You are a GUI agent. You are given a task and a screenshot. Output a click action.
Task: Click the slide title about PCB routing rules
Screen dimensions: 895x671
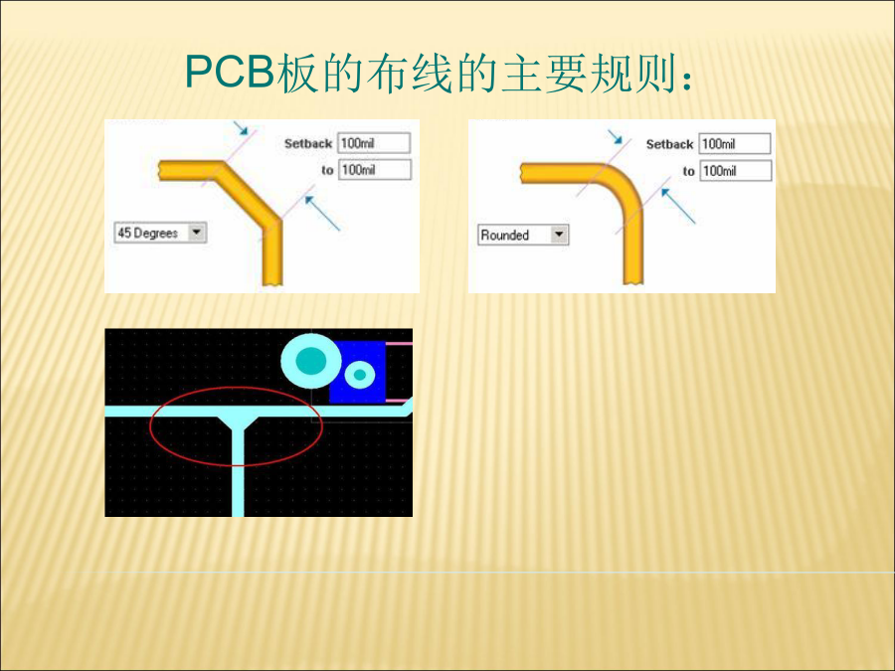pos(439,74)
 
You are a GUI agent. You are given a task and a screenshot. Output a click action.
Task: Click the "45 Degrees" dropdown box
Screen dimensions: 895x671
pos(160,233)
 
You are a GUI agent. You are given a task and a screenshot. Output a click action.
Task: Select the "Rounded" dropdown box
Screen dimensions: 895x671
pos(523,235)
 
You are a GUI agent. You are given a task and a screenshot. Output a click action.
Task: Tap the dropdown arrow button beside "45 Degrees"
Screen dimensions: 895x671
pos(197,233)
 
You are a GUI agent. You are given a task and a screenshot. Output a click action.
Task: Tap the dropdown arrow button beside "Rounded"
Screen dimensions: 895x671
pos(559,235)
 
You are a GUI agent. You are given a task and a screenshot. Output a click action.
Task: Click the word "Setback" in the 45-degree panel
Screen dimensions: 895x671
pos(308,144)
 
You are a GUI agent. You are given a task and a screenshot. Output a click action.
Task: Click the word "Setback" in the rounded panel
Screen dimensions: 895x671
pos(669,144)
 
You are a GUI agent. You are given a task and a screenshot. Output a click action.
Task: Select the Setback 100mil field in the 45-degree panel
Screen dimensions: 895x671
pos(374,142)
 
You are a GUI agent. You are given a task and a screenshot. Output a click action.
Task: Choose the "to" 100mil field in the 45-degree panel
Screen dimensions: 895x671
pos(375,169)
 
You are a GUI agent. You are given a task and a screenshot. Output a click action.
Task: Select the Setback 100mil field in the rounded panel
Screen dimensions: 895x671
pos(735,144)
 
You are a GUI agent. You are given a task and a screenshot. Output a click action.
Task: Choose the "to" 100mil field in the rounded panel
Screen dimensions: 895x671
pos(736,171)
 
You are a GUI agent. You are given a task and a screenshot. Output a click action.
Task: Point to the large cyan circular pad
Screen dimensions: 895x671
pos(311,361)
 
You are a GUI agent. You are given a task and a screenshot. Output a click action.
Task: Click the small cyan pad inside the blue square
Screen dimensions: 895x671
pos(360,375)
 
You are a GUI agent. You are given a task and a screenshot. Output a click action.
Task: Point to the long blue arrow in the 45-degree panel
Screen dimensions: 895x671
pos(322,214)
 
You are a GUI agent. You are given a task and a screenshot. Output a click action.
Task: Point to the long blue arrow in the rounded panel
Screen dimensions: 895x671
pos(678,206)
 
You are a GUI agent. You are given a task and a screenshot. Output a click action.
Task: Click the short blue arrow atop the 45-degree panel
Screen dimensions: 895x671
pos(242,128)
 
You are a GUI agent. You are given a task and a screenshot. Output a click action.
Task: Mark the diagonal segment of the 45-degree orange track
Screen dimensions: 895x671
pos(249,197)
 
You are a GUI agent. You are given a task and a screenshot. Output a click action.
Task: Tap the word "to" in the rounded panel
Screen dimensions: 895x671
pos(689,171)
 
